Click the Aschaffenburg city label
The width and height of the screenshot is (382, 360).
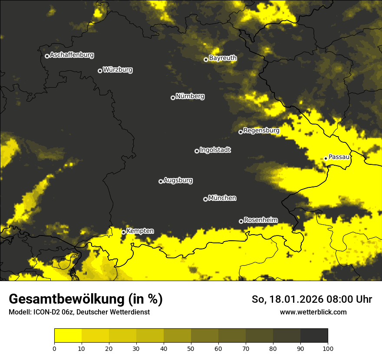pyautogui.click(x=72, y=55)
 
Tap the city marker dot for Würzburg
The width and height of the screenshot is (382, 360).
pyautogui.click(x=100, y=71)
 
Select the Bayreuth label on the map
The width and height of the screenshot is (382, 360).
pyautogui.click(x=223, y=58)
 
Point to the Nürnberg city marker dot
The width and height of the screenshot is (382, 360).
pyautogui.click(x=173, y=98)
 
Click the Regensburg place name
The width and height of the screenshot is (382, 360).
pyautogui.click(x=261, y=130)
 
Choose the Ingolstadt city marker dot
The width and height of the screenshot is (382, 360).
pyautogui.click(x=197, y=151)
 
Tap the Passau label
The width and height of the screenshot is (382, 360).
pyautogui.click(x=339, y=157)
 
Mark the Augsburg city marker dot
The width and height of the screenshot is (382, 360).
pyautogui.click(x=161, y=181)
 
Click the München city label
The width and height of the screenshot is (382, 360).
pyautogui.click(x=222, y=198)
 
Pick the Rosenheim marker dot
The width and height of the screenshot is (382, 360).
pyautogui.click(x=241, y=222)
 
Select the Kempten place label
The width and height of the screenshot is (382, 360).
pyautogui.click(x=140, y=231)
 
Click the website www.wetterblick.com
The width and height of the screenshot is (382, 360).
pyautogui.click(x=313, y=312)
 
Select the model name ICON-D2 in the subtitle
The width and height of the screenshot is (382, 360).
pyautogui.click(x=43, y=312)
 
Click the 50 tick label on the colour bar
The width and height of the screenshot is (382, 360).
pyautogui.click(x=191, y=348)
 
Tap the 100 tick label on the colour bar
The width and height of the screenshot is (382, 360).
pyautogui.click(x=328, y=348)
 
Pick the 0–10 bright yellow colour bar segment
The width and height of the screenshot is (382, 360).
pyautogui.click(x=68, y=336)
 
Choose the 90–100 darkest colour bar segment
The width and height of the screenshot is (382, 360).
pyautogui.click(x=314, y=336)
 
